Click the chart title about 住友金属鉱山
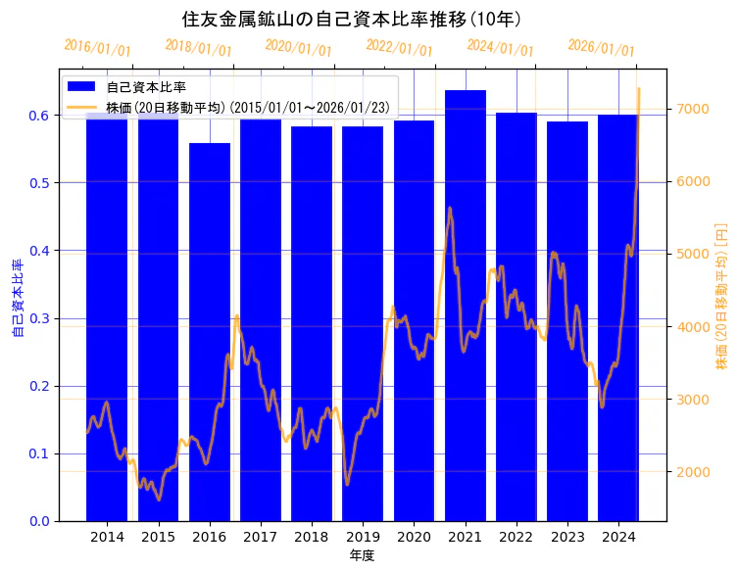click(x=351, y=19)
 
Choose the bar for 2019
click(x=363, y=323)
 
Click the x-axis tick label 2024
click(x=618, y=537)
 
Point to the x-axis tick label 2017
click(x=261, y=537)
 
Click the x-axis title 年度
click(x=363, y=555)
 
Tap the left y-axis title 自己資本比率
click(x=17, y=299)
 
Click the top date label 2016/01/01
click(x=97, y=47)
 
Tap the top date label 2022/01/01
click(x=399, y=47)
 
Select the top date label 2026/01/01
click(x=601, y=48)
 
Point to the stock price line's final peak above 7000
click(x=639, y=89)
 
